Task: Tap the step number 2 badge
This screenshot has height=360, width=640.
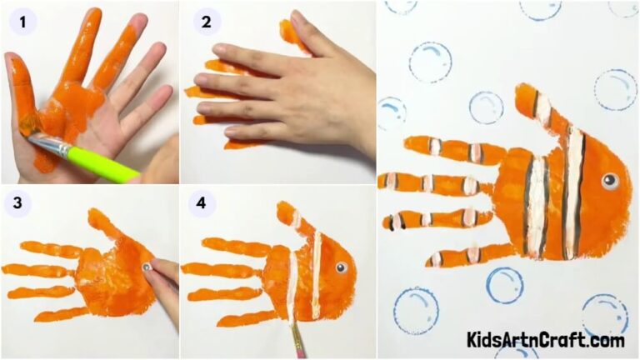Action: click(203, 22)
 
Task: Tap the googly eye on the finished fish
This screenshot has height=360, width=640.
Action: click(610, 179)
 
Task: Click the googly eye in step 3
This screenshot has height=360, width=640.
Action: click(147, 267)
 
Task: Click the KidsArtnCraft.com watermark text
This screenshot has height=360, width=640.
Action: click(545, 340)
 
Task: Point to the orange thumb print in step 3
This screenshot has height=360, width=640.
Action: click(103, 223)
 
